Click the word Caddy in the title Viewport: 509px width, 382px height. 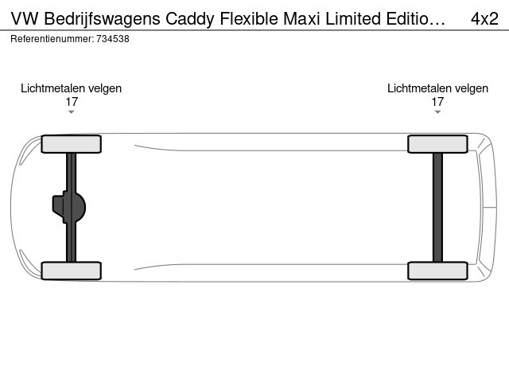(190, 19)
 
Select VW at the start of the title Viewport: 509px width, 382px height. (25, 18)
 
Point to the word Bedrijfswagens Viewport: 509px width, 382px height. (102, 19)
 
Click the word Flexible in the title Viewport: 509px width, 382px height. (249, 18)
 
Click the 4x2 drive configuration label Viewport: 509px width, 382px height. (484, 19)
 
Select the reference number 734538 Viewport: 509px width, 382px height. (113, 39)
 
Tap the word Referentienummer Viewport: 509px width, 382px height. (52, 39)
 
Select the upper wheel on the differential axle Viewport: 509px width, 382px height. (71, 144)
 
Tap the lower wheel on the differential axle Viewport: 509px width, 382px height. (71, 271)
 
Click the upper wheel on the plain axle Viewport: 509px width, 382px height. (437, 144)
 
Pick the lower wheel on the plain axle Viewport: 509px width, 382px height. (437, 271)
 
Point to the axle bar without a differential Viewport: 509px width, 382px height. (437, 207)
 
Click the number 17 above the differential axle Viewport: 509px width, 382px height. (72, 102)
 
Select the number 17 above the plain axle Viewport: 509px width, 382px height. (437, 102)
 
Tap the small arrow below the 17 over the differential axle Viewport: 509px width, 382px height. (71, 112)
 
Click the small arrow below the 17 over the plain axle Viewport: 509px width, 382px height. (437, 112)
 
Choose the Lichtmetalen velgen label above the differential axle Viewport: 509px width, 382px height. (71, 88)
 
